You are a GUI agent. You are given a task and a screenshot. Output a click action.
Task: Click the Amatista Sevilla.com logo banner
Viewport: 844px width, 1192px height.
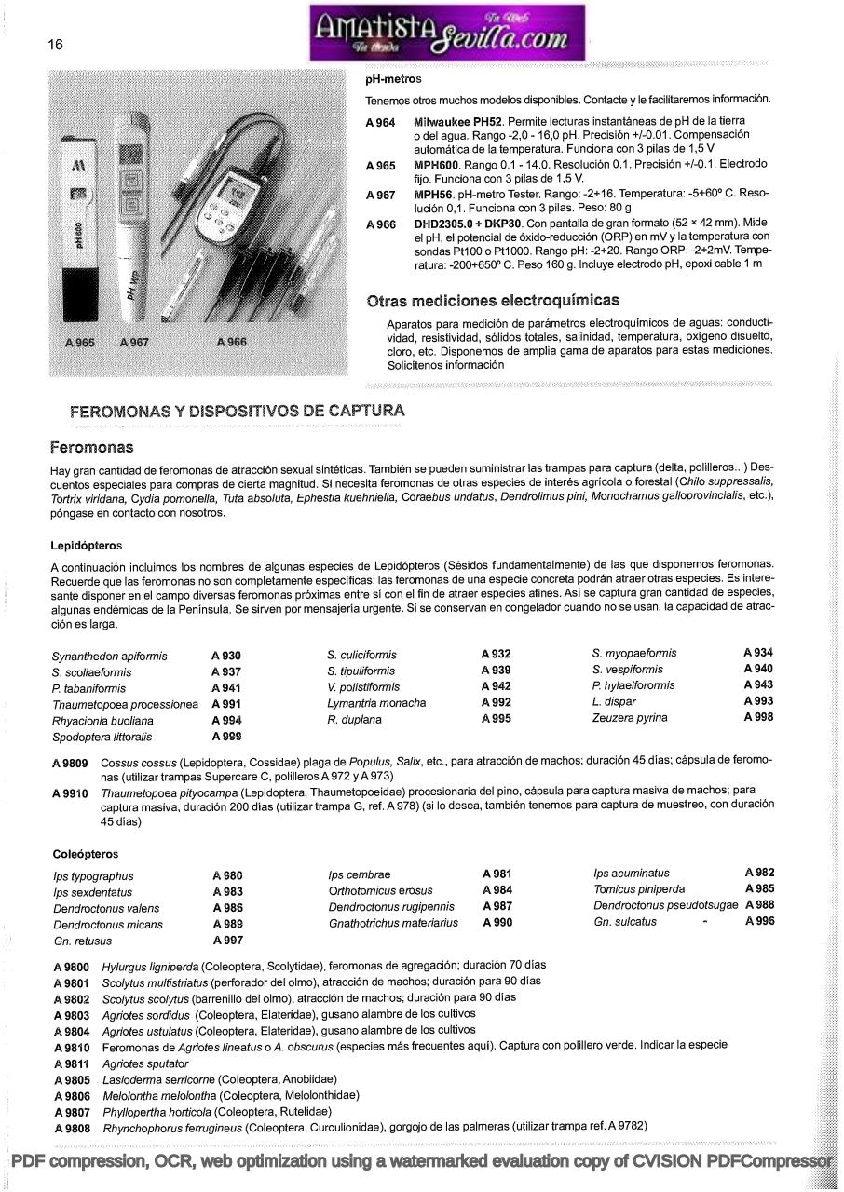click(x=447, y=32)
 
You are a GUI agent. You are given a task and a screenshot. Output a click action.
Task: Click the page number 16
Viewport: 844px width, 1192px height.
click(x=55, y=44)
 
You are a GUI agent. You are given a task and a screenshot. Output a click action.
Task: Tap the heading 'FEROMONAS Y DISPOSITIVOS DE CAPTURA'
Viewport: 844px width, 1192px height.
click(x=238, y=411)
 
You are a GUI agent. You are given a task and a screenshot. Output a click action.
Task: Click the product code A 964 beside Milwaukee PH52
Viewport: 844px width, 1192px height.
click(x=380, y=123)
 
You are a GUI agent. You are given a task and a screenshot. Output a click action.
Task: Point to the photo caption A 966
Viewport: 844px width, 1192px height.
click(x=231, y=342)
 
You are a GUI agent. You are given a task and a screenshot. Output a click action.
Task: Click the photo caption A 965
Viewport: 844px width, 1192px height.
click(x=80, y=343)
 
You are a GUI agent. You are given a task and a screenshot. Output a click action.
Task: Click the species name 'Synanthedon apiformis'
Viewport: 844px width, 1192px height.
click(x=109, y=657)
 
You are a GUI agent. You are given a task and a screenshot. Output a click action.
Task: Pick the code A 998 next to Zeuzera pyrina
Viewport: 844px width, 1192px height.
click(x=758, y=717)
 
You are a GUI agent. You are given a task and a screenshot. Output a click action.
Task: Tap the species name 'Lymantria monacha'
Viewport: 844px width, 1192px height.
click(x=376, y=703)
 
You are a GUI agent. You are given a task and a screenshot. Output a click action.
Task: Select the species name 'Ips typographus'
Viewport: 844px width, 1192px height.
click(x=93, y=876)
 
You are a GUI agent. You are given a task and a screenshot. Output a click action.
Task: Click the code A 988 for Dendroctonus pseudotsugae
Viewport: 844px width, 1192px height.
click(x=759, y=905)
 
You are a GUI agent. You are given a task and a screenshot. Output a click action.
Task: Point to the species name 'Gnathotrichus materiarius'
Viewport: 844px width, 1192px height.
click(x=393, y=923)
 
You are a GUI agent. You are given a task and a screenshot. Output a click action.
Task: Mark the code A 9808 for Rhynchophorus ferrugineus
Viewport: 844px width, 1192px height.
click(x=72, y=1129)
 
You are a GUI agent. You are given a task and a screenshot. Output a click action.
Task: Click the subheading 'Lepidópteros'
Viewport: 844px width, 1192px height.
click(x=87, y=545)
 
